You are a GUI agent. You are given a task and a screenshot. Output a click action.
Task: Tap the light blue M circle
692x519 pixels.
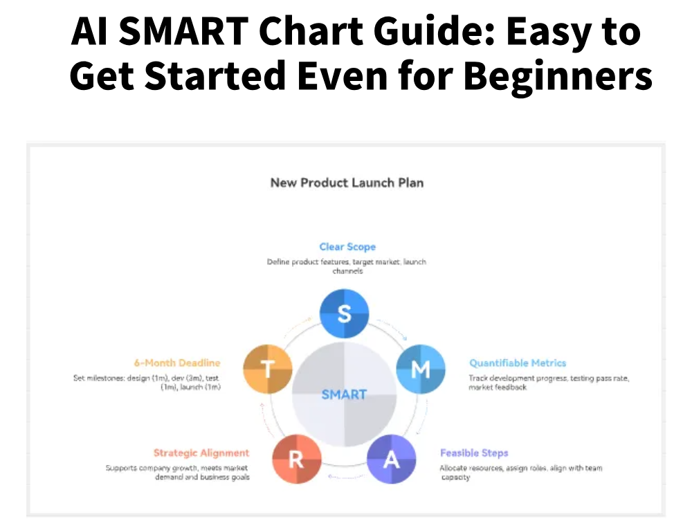(x=420, y=369)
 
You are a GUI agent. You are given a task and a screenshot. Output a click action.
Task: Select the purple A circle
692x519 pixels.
(x=391, y=459)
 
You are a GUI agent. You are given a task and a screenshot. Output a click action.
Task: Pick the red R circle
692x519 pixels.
(x=296, y=459)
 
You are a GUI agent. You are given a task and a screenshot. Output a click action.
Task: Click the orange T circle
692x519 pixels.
(x=268, y=369)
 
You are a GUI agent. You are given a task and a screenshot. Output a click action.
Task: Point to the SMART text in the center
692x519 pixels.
(x=344, y=394)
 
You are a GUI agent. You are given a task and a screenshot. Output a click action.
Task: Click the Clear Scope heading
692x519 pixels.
(x=347, y=246)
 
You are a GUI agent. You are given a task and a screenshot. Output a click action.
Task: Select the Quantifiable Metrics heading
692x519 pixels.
(x=518, y=363)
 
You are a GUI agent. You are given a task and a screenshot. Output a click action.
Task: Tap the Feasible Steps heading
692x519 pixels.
(x=474, y=453)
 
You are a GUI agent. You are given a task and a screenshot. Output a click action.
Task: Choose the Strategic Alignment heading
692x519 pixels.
(x=201, y=453)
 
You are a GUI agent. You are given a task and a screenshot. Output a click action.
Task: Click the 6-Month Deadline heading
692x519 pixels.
(x=177, y=363)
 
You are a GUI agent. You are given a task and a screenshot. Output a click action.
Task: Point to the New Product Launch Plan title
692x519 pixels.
(x=347, y=183)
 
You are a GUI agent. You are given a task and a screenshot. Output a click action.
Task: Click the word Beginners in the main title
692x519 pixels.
(x=558, y=77)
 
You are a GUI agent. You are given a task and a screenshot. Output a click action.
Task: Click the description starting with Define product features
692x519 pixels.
(x=347, y=266)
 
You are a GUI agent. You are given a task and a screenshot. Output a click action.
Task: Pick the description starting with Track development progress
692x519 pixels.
(x=548, y=383)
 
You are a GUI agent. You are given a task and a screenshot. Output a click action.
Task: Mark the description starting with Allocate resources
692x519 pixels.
(x=520, y=473)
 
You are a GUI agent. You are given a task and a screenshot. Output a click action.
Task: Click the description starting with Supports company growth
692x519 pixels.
(x=177, y=473)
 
